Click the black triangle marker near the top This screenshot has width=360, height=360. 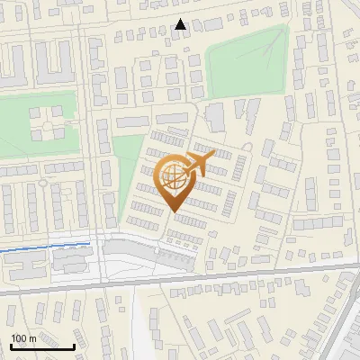(x=181, y=24)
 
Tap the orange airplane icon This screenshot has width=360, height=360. (x=200, y=163)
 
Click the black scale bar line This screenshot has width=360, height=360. (x=42, y=346)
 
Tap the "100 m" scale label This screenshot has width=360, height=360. (x=23, y=338)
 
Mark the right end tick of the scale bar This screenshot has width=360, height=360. (x=74, y=345)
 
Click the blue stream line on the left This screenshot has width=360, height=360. (x=45, y=245)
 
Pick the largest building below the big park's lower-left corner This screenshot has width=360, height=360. (x=215, y=117)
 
